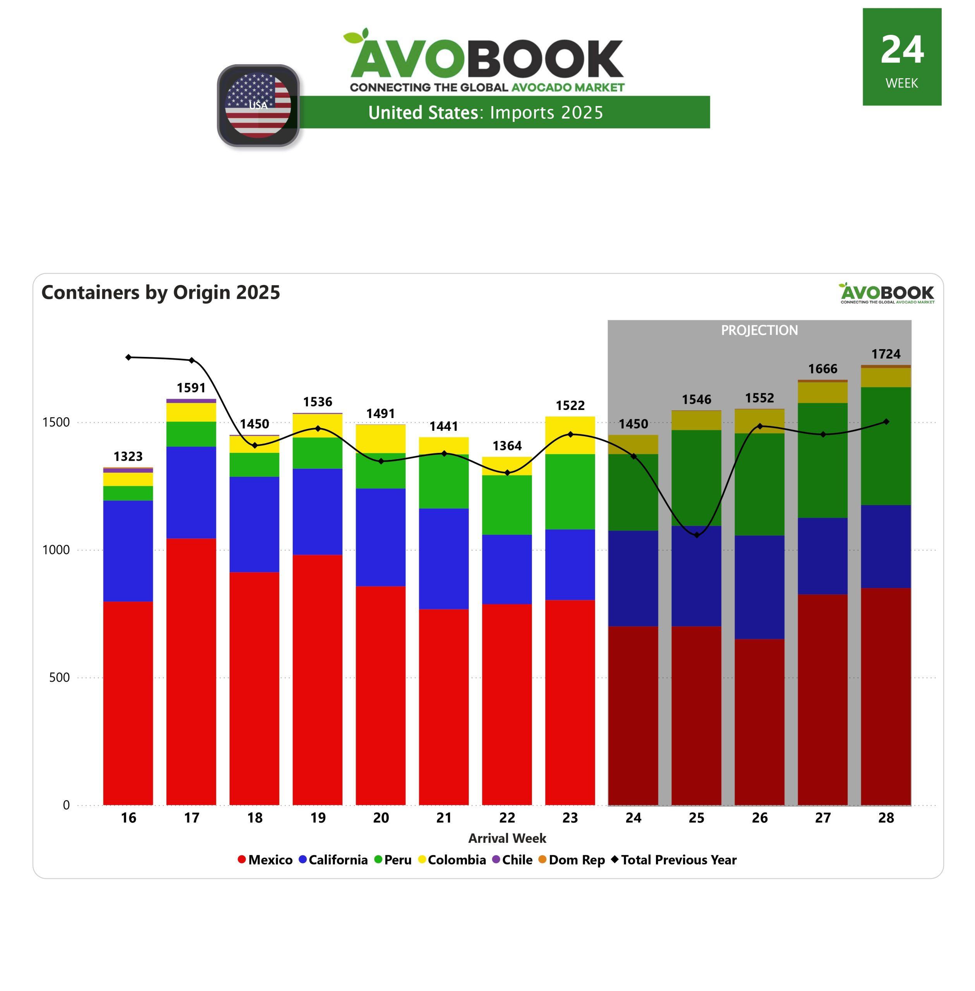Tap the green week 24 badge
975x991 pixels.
point(902,57)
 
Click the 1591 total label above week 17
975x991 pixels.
point(191,387)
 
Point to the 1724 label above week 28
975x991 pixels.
point(886,354)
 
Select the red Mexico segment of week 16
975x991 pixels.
point(128,702)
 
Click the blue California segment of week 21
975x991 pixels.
point(443,559)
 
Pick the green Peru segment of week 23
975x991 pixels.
point(570,491)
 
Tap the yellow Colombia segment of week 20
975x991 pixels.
point(381,439)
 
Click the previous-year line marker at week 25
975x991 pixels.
point(697,535)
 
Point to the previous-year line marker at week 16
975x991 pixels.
point(128,357)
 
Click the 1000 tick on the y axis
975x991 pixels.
point(59,550)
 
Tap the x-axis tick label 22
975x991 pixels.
point(507,818)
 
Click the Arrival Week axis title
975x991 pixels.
point(507,838)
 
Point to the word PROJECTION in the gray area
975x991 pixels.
point(759,330)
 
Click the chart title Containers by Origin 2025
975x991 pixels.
point(161,292)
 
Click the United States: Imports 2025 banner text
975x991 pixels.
point(486,113)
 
